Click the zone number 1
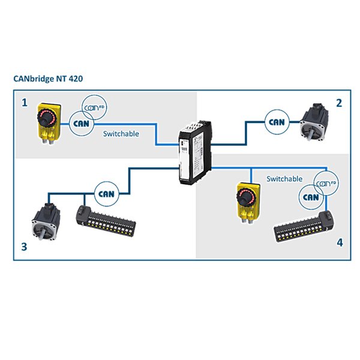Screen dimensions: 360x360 coord(25,103)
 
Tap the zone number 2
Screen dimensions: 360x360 coord(339,103)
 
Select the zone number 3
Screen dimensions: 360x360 coord(25,247)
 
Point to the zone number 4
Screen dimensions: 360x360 coord(340,243)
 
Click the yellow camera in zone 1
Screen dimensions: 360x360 coord(48,123)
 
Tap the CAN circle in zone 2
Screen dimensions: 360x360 coord(277,122)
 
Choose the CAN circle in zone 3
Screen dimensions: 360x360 coord(106,193)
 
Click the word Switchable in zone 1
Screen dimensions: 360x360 coord(121,134)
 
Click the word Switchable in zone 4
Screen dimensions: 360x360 coord(284,179)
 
